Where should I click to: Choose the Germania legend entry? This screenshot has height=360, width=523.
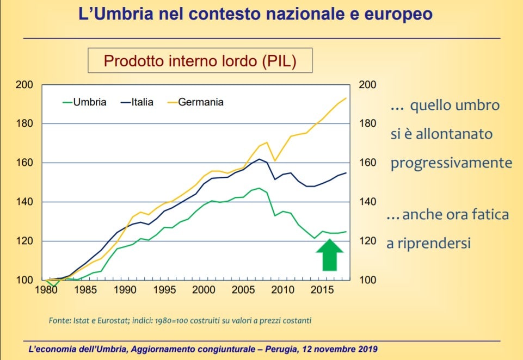(x=200, y=102)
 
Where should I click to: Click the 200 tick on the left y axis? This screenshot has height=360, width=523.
(x=26, y=85)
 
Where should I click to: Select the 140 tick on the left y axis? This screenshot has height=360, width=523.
(x=26, y=202)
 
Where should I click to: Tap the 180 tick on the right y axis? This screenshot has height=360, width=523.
(x=368, y=123)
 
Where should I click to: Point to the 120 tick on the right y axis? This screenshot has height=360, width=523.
(x=368, y=241)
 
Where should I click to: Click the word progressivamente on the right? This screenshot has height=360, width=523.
(x=451, y=163)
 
